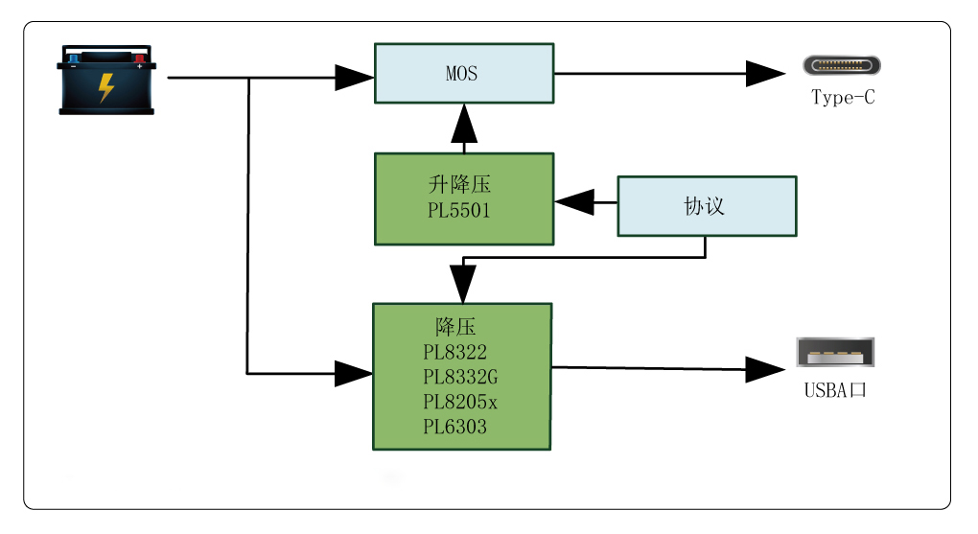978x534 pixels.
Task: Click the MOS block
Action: point(463,73)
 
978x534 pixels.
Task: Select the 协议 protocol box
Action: point(707,206)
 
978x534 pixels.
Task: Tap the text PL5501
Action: point(458,211)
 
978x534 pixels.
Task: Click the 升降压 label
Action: point(459,185)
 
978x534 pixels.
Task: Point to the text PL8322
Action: point(454,353)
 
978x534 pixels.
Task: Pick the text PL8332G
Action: point(460,378)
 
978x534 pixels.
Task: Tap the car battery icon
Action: point(106,80)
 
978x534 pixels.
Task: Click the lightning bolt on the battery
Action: point(106,87)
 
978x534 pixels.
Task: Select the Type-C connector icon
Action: point(842,66)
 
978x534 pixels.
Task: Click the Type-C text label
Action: point(843,98)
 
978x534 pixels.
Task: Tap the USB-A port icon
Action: point(835,353)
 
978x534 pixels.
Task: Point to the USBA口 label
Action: point(835,391)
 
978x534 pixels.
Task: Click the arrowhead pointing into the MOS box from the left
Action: point(354,77)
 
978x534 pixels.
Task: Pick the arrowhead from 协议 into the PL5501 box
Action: point(572,202)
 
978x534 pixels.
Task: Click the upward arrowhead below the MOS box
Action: point(464,123)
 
